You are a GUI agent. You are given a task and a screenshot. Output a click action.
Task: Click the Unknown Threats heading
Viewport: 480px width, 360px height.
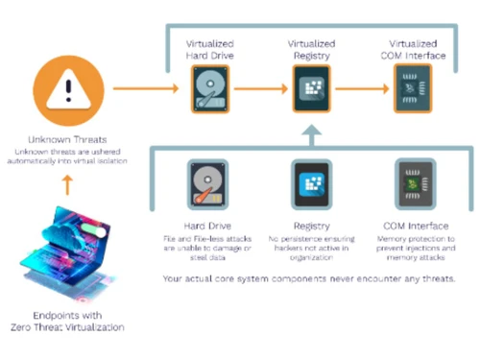65,137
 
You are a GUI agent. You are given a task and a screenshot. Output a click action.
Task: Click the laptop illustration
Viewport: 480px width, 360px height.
65,254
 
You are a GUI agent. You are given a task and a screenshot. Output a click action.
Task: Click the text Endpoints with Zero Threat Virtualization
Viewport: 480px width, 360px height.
65,324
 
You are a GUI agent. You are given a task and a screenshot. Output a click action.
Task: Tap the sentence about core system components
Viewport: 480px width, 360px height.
310,278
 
